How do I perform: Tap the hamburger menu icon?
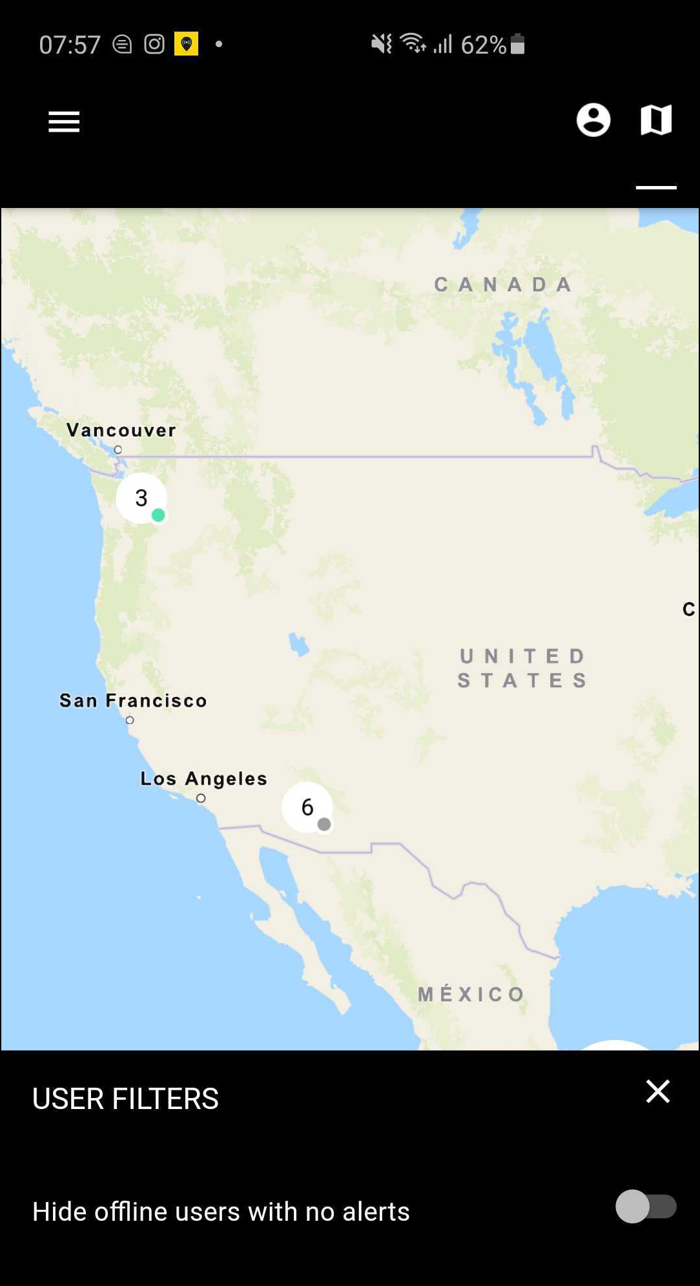[64, 121]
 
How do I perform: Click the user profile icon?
[593, 120]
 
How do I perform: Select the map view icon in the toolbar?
[655, 120]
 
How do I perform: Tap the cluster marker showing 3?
[141, 498]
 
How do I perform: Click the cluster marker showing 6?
[307, 807]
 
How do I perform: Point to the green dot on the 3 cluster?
[158, 515]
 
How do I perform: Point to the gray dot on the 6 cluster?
[324, 824]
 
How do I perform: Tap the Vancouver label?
[121, 430]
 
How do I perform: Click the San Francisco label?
[133, 701]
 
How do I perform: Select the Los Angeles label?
[203, 779]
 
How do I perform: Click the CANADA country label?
[503, 284]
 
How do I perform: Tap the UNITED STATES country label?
[522, 668]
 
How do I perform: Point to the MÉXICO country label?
[471, 994]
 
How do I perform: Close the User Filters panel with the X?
[657, 1092]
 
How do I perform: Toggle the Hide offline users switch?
[645, 1207]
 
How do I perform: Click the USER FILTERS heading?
[125, 1099]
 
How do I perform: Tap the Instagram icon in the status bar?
[154, 44]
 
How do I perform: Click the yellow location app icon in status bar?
[186, 44]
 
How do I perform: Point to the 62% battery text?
[483, 45]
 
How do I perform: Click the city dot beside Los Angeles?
[201, 798]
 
